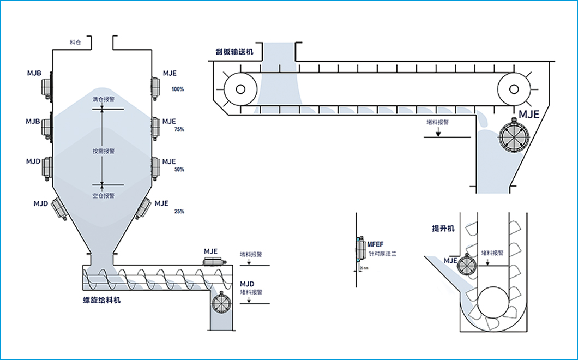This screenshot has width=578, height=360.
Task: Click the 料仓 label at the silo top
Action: click(75, 42)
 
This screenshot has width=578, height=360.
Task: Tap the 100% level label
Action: click(178, 89)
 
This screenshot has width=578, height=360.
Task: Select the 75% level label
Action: click(178, 130)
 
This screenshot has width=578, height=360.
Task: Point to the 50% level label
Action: click(179, 170)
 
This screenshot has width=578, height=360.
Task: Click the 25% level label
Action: click(178, 211)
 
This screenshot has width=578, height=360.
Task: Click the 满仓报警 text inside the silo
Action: click(103, 100)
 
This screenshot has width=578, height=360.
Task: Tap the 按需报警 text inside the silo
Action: click(103, 151)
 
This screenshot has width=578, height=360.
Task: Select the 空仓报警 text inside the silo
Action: click(103, 195)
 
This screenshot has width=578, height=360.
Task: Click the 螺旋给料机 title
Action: click(98, 299)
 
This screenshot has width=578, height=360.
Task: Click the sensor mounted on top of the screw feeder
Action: click(214, 262)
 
